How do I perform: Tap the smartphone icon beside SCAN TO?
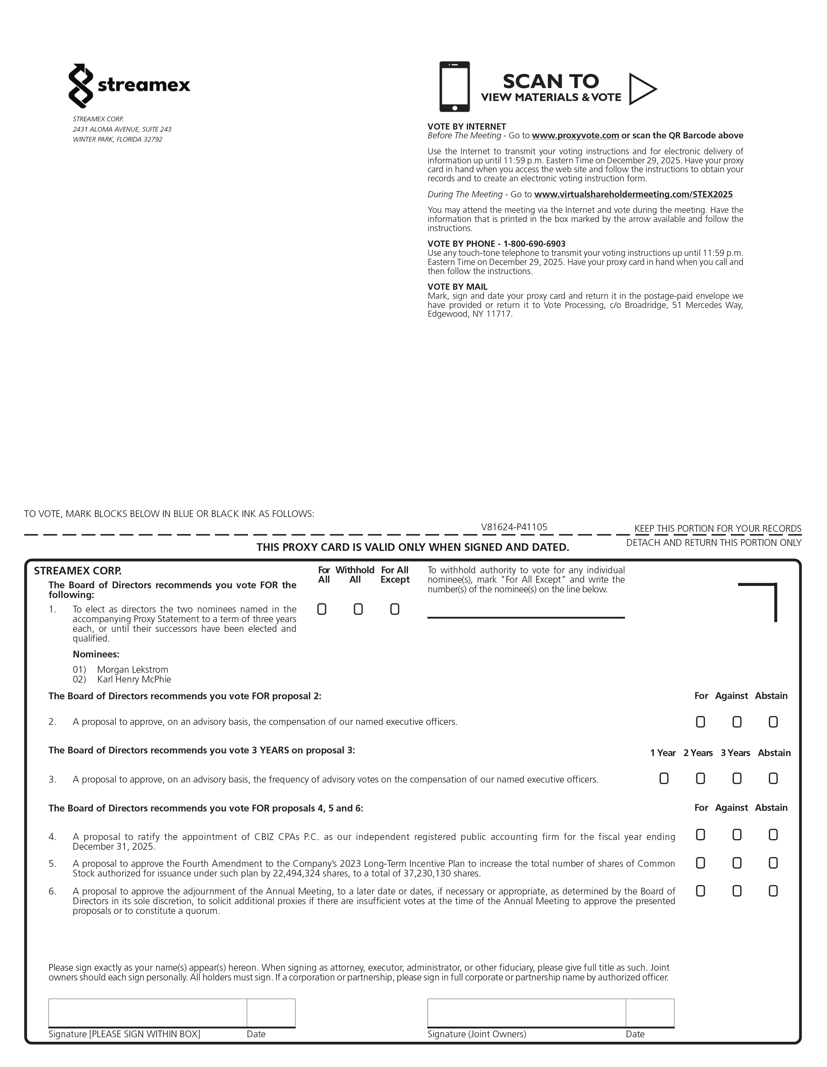pos(454,87)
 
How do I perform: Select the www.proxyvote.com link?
pos(575,135)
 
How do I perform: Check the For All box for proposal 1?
pos(322,609)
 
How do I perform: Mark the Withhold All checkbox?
pos(358,609)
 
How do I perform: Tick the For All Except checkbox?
pos(395,609)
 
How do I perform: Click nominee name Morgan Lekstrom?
pos(133,670)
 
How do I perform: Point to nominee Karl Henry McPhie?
pos(134,680)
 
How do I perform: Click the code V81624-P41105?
pos(514,527)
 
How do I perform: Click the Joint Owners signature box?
pos(526,1013)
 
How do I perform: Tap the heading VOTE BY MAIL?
pos(457,287)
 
